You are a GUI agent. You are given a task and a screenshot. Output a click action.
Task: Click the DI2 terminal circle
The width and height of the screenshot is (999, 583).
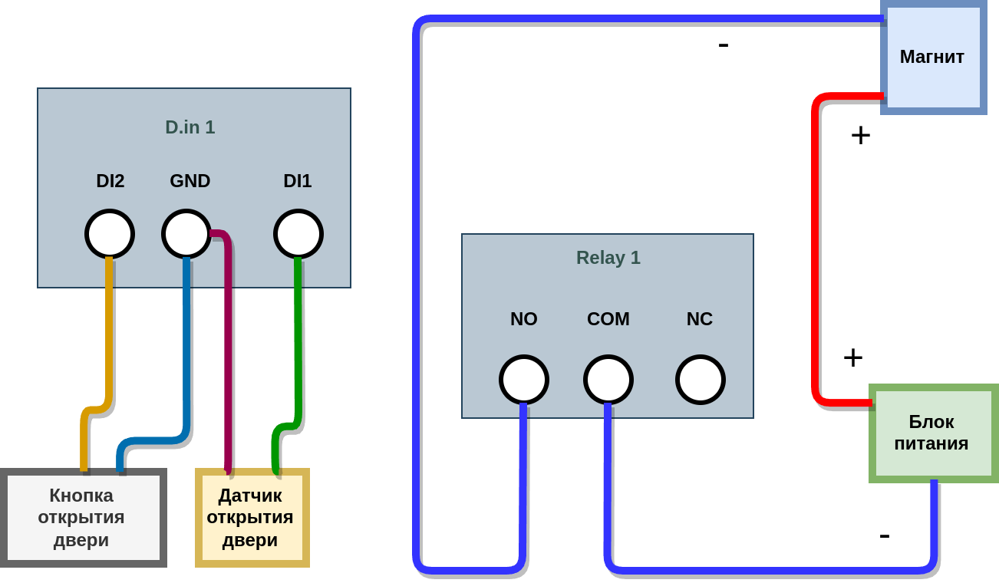110,234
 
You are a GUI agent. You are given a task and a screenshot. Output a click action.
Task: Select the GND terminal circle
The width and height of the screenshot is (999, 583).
186,234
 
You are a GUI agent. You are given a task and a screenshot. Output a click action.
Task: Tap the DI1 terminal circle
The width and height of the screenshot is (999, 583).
298,234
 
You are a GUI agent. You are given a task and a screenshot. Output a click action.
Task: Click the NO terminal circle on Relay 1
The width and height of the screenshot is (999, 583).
524,380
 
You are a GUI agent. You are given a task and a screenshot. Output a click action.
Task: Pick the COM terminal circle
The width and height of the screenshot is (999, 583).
608,380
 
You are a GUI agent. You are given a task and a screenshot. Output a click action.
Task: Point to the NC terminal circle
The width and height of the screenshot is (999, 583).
701,380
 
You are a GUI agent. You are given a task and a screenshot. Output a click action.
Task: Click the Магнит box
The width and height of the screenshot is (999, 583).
933,58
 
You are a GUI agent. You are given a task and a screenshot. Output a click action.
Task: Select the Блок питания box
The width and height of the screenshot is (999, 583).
933,433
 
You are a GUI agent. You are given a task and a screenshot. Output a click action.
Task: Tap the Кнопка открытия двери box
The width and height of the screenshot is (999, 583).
83,518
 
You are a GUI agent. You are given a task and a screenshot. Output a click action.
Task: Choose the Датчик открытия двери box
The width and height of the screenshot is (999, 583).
252,518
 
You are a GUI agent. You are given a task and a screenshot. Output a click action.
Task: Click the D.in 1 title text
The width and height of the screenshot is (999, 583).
190,127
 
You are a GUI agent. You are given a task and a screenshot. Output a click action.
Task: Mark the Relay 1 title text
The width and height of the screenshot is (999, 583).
608,258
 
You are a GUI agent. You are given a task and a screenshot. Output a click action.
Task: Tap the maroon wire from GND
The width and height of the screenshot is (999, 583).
228,345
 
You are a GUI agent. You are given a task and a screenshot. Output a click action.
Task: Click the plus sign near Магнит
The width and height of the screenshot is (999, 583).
861,136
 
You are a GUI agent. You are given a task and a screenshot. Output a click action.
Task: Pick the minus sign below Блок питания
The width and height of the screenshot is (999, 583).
885,535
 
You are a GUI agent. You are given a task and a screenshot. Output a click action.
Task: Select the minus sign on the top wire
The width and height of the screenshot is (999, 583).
724,45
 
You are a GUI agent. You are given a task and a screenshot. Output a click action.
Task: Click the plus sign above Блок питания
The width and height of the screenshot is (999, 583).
853,358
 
